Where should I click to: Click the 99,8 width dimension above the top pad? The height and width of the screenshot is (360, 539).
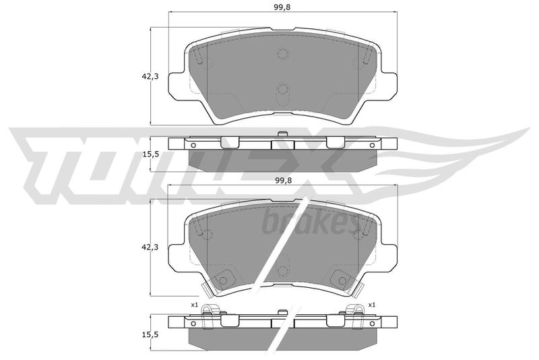tap(282, 7)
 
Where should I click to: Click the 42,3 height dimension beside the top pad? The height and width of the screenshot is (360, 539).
tap(150, 77)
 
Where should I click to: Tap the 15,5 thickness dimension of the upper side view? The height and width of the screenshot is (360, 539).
tap(150, 154)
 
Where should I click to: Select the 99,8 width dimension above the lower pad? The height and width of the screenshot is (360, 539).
tap(282, 181)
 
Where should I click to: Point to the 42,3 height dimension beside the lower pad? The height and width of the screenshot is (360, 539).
tap(150, 247)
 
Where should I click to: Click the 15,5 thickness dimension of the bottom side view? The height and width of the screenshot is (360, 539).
tap(150, 334)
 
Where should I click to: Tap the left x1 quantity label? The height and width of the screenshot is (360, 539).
tap(195, 304)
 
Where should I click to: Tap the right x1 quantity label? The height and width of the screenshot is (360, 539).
tap(372, 304)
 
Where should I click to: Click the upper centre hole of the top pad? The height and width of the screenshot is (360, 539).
tap(282, 54)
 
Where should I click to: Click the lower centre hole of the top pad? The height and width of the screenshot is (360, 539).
tap(282, 89)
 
